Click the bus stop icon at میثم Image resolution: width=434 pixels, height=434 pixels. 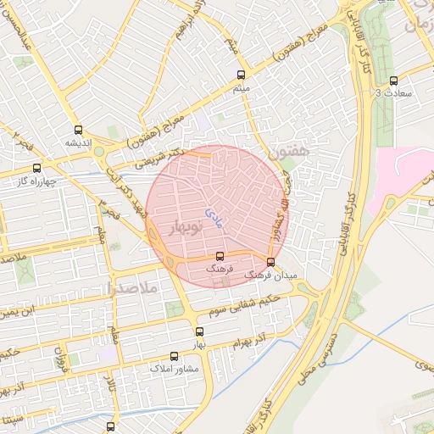[x=241, y=75]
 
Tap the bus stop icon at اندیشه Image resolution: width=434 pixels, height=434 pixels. [x=79, y=130]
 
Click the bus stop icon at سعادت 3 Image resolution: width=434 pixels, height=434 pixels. [x=392, y=80]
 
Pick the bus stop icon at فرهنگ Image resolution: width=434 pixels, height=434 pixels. [x=220, y=255]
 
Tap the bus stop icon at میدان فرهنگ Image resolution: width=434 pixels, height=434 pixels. [x=270, y=262]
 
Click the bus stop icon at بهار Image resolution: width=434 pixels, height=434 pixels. [x=199, y=331]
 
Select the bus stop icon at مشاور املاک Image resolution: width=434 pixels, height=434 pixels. [x=175, y=356]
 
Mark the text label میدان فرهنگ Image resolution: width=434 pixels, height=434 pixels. [x=267, y=275]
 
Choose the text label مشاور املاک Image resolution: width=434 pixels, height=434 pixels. [x=174, y=369]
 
